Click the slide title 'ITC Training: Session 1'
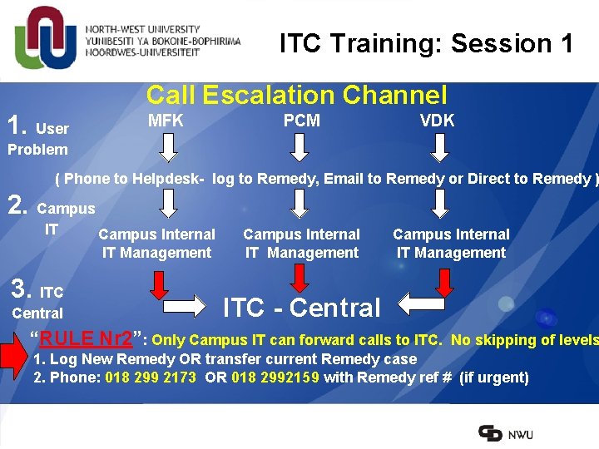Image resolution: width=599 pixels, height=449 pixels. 426,43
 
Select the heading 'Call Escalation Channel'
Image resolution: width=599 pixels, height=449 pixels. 296,96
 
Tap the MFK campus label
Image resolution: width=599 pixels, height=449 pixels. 166,121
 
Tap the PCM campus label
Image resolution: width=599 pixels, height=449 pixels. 301,121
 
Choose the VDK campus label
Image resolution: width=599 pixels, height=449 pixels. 437,121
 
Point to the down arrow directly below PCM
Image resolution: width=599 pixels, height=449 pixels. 301,147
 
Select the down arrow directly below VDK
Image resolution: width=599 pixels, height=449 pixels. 440,147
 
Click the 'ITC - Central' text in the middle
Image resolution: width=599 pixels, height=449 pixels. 301,308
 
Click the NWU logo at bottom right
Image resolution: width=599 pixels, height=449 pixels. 506,433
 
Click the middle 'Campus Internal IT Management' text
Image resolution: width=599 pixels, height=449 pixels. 301,244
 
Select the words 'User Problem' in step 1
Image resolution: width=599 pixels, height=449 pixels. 38,140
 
